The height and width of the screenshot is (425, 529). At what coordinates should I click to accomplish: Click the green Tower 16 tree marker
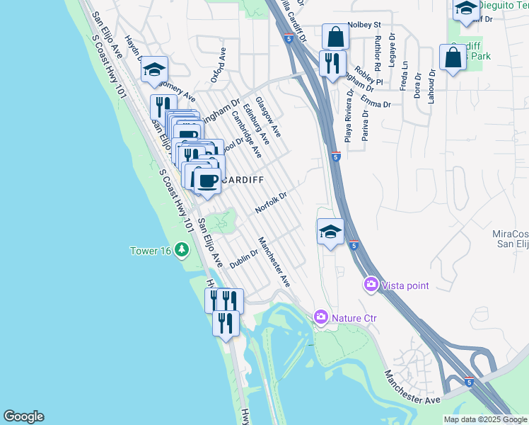[182, 250]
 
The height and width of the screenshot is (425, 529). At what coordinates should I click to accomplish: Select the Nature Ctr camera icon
[321, 316]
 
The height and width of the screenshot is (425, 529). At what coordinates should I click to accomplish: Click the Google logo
[23, 416]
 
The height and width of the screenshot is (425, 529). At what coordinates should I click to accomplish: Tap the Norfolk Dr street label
[272, 203]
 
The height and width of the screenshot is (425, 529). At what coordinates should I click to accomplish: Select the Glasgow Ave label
[268, 117]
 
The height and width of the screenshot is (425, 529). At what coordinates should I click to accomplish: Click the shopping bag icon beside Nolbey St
[335, 36]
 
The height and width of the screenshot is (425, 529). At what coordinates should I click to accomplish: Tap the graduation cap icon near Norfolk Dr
[330, 231]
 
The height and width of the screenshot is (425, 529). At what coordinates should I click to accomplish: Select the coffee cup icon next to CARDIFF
[207, 181]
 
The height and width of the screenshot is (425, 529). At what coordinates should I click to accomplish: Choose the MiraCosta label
[511, 233]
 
